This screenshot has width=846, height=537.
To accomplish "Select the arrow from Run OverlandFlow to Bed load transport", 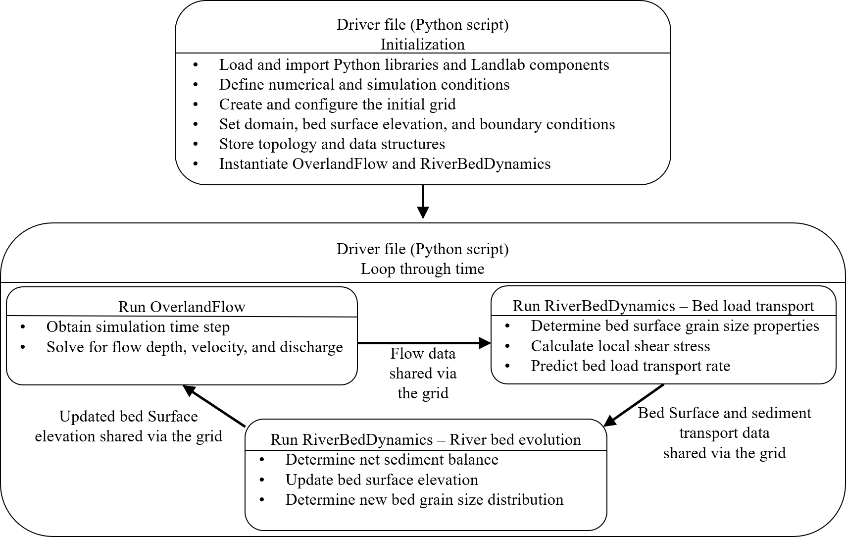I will (x=423, y=342).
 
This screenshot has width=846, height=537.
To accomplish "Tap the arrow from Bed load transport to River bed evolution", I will (x=634, y=405).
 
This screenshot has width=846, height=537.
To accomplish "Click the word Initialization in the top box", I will (x=422, y=44).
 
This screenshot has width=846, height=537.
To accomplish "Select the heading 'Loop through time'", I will (x=422, y=268).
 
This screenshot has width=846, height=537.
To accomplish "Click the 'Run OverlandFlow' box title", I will (x=182, y=307).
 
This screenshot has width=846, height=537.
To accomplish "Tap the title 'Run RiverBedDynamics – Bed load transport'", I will (x=663, y=306).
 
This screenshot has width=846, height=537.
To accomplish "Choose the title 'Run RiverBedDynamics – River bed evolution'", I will (x=425, y=439).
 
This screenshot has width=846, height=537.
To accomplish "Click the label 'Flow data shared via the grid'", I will (x=423, y=373).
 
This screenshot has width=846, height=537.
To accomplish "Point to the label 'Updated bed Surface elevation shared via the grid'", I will (x=128, y=426).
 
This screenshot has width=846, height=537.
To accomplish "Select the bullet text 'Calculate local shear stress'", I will (x=620, y=346).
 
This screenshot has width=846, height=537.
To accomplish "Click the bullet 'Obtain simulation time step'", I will (x=138, y=327).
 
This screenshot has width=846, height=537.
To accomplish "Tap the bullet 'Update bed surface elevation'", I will (x=382, y=480).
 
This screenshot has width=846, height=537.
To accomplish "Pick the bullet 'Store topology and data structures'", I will (x=332, y=144).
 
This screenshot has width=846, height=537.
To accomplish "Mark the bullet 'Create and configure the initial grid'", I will (x=337, y=104).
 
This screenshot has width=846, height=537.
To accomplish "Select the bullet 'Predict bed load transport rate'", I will (x=630, y=366).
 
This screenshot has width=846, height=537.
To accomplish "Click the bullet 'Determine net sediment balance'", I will (x=392, y=459).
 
